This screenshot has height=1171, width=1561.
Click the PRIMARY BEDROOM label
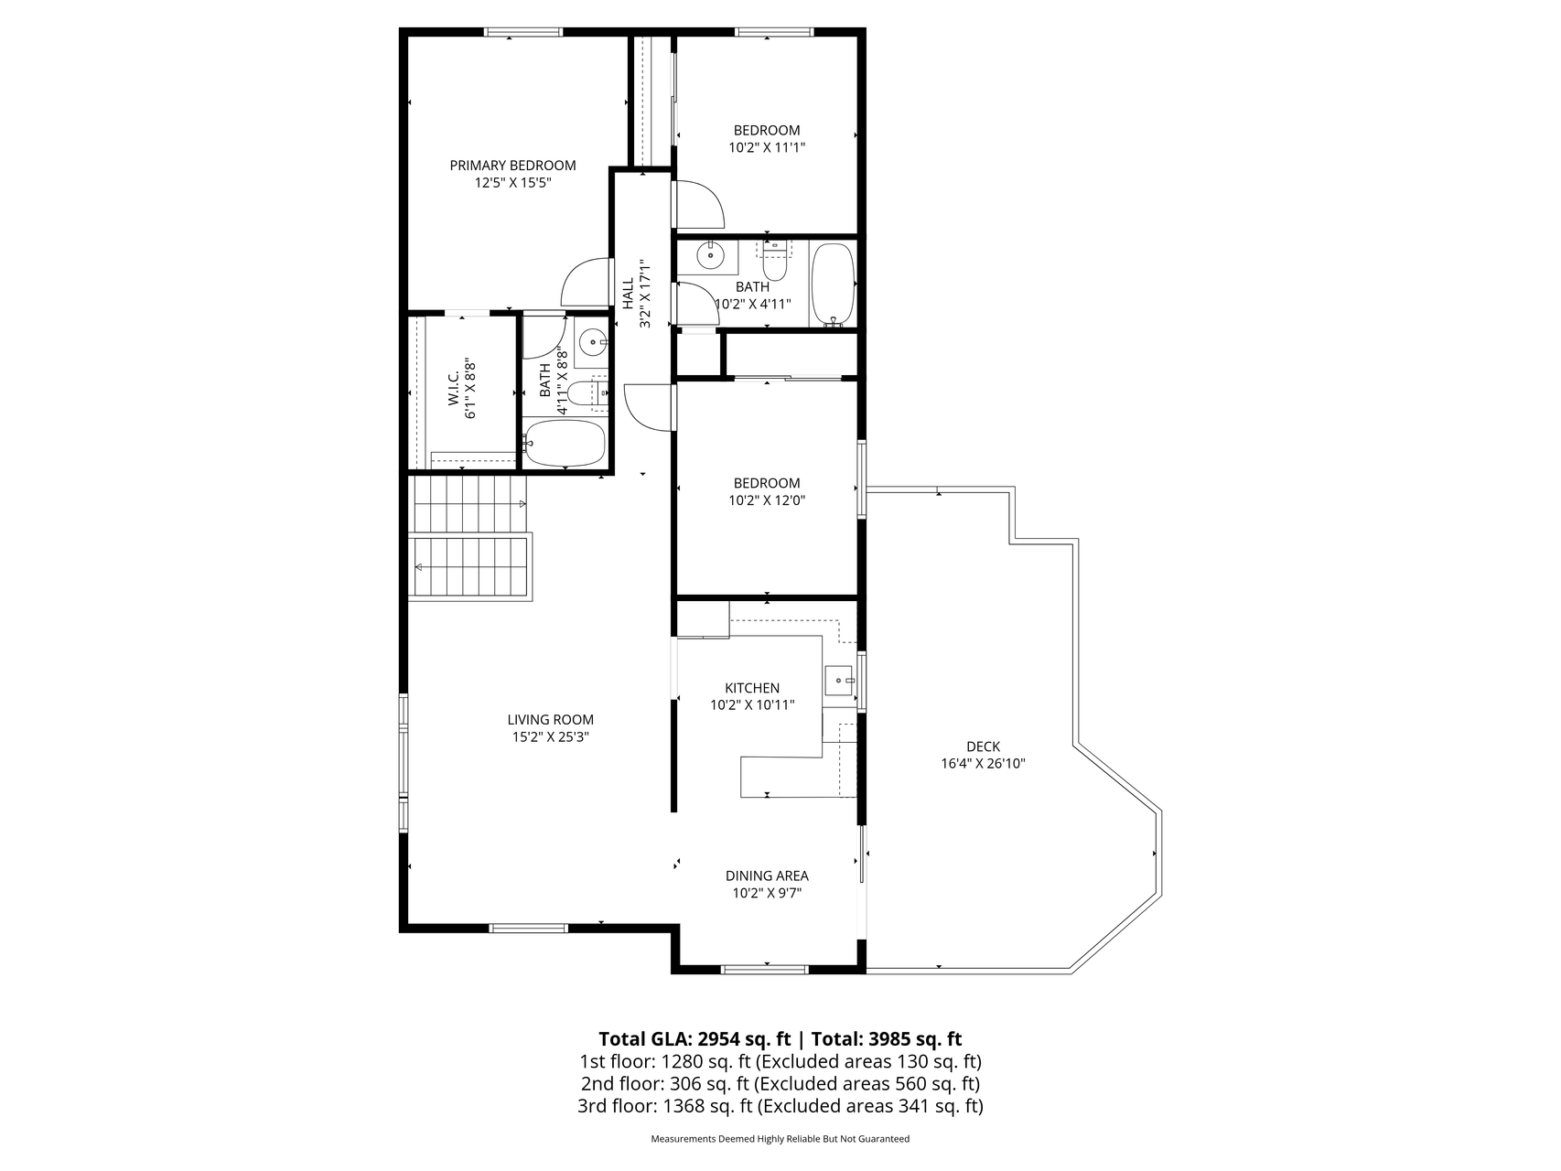pyautogui.click(x=512, y=166)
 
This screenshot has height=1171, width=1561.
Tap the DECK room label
pyautogui.click(x=983, y=747)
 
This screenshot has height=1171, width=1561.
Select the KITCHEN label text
pyautogui.click(x=752, y=688)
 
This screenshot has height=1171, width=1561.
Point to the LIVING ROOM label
pyautogui.click(x=550, y=720)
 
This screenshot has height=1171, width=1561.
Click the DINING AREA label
pyautogui.click(x=767, y=876)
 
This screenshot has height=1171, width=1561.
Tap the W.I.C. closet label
pyautogui.click(x=454, y=390)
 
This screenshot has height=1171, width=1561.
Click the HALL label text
pyautogui.click(x=629, y=293)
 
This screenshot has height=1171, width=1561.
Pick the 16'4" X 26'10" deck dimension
pyautogui.click(x=983, y=764)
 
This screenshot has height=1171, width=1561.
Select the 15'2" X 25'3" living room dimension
pyautogui.click(x=550, y=737)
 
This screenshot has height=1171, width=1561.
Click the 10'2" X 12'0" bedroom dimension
pyautogui.click(x=767, y=500)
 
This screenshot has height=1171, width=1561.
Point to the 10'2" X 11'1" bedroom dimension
pyautogui.click(x=767, y=147)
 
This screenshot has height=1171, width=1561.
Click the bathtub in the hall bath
pyautogui.click(x=833, y=285)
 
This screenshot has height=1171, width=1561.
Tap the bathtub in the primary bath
pyautogui.click(x=565, y=444)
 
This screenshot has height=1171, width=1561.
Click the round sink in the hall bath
pyautogui.click(x=710, y=255)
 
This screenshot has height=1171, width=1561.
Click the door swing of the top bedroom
pyautogui.click(x=699, y=205)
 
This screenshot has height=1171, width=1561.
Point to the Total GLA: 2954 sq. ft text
pyautogui.click(x=694, y=1039)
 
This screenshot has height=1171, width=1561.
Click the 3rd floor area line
pyautogui.click(x=780, y=1106)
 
